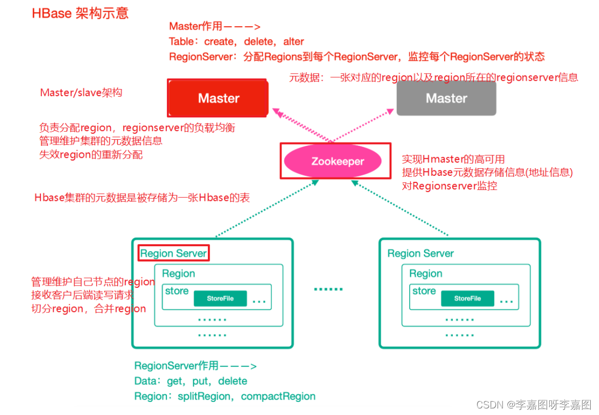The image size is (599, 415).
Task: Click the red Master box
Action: (218, 98)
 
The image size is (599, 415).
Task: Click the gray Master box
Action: (446, 98)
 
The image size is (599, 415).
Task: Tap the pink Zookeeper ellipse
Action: (337, 161)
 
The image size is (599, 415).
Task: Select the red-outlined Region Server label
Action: (173, 253)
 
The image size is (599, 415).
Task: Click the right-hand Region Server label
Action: (420, 253)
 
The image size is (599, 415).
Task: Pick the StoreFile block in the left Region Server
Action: (220, 299)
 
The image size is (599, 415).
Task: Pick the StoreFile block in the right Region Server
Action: (467, 299)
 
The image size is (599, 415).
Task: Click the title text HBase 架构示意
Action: (80, 13)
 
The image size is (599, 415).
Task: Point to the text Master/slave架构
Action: (81, 92)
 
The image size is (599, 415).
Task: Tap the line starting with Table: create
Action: (236, 41)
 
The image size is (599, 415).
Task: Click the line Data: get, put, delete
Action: (190, 381)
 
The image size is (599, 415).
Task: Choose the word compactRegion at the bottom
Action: (278, 396)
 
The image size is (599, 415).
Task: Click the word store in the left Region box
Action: (177, 291)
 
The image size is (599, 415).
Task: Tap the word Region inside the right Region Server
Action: (426, 274)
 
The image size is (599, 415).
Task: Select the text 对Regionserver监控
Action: (449, 186)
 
